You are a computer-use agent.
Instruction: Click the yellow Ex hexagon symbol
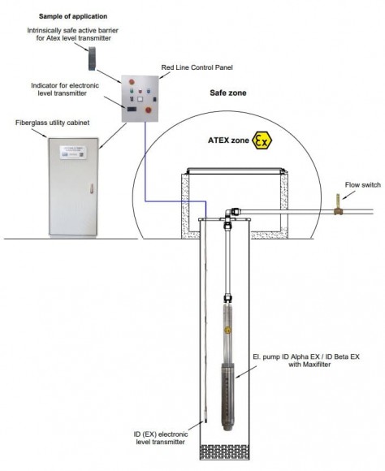[x=262, y=140]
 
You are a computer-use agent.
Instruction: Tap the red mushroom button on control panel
[x=149, y=106]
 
